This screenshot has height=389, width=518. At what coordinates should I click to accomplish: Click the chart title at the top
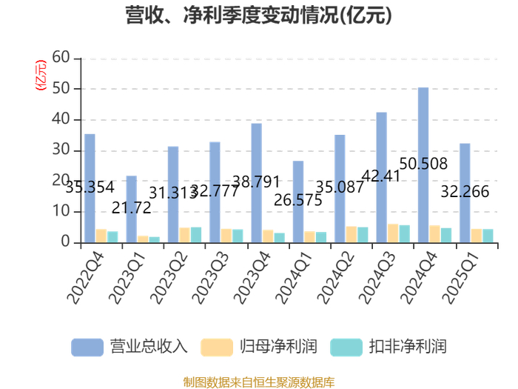[x=259, y=16]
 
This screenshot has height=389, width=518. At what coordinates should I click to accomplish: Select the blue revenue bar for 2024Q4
[x=423, y=165]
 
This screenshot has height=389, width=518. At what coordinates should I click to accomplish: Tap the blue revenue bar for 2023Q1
[x=132, y=210]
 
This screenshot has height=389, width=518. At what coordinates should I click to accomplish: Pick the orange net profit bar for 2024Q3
[x=393, y=233]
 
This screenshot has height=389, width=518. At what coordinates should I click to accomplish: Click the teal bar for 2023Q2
[x=196, y=235]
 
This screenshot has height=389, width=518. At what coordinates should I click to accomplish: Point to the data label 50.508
[x=423, y=164]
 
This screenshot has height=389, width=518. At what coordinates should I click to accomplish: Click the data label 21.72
[x=132, y=207]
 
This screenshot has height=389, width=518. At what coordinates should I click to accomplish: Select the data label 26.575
[x=298, y=200]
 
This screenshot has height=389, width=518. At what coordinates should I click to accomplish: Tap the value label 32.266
[x=465, y=191]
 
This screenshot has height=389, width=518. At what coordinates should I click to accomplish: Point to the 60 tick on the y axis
[x=61, y=58]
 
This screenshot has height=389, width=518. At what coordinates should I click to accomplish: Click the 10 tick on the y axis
[x=61, y=210]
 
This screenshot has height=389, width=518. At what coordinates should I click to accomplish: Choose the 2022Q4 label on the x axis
[x=85, y=278]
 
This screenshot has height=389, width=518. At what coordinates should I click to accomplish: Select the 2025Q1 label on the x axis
[x=460, y=278]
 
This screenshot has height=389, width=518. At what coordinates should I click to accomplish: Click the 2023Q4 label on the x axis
[x=252, y=278]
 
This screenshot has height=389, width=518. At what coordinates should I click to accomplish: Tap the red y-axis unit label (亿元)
[x=41, y=75]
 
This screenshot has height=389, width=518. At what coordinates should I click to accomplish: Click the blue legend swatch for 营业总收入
[x=87, y=348]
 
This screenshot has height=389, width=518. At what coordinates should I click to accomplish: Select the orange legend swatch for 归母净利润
[x=217, y=348]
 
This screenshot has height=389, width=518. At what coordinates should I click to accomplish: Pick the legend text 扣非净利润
[x=408, y=347]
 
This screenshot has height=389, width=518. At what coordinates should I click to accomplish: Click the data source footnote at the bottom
[x=259, y=382]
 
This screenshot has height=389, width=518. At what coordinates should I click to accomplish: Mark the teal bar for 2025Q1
[x=488, y=236]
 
